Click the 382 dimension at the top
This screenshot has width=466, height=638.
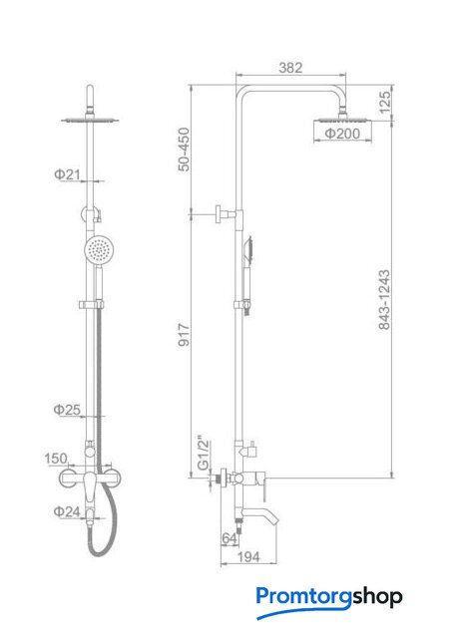[x=290, y=68]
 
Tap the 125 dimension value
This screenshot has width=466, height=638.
[x=384, y=102]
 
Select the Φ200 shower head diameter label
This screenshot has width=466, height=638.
[x=342, y=133]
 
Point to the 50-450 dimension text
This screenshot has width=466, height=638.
[x=185, y=149]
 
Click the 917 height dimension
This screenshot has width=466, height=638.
[x=185, y=335]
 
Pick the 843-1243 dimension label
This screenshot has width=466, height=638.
[x=384, y=299]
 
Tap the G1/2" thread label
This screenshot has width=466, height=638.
[x=203, y=454]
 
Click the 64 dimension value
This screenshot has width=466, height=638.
[x=229, y=538]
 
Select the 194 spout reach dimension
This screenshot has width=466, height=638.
[x=248, y=556]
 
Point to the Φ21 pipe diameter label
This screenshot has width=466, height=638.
[x=67, y=174]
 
